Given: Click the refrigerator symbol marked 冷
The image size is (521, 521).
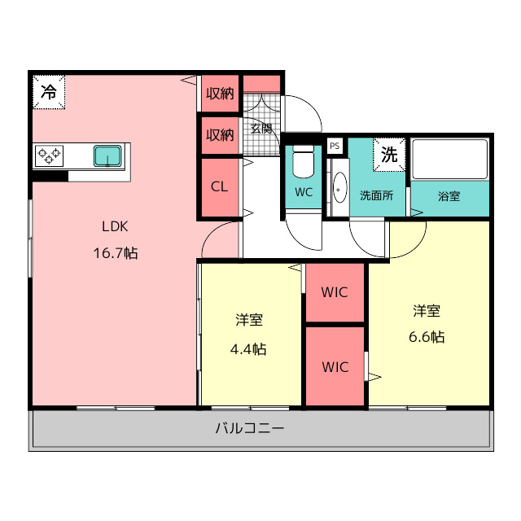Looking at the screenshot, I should coord(49,91).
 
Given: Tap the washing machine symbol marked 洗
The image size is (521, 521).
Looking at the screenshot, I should coord(390,155).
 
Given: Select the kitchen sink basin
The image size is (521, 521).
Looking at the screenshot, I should coord(107,155).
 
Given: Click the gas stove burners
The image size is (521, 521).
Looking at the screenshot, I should coord(49,154).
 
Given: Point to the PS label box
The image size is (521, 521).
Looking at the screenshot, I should coord(335,146).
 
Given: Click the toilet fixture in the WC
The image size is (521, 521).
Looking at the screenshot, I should coord(303,163).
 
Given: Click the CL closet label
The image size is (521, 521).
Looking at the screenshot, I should coord(219,186).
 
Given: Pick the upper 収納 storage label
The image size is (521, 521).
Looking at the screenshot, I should coord(219,94).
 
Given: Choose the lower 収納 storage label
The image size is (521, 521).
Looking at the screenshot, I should coord(219,134).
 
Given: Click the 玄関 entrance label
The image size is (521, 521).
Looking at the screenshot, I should coord(261,128).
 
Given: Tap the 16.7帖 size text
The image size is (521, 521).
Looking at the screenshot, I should coord(115,252).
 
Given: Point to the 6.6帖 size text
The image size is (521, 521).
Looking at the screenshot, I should coord(427,336).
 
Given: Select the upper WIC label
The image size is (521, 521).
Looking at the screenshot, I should coord(335,292).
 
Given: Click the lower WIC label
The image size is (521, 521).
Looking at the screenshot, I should coord(335,367).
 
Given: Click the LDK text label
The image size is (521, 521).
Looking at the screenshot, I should coord(115,226).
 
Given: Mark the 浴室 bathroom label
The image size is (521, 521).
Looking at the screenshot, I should coord(449,196).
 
